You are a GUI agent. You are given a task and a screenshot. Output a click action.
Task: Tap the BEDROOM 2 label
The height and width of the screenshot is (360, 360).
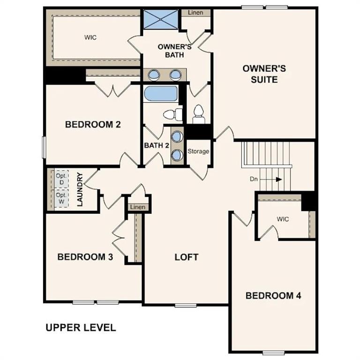[93, 125]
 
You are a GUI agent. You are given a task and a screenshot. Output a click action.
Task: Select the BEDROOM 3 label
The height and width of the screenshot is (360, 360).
[85, 257]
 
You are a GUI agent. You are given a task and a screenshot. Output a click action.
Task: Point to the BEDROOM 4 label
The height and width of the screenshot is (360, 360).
[273, 295]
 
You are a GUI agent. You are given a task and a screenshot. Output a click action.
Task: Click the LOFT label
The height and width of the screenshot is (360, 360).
[187, 257]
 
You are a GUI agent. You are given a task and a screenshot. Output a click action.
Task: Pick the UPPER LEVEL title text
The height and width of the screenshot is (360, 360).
[81, 328]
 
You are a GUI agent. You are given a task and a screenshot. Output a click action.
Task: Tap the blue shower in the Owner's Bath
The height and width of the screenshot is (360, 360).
[158, 19]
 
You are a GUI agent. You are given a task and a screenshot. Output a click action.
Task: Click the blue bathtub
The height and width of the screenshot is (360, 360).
[160, 93]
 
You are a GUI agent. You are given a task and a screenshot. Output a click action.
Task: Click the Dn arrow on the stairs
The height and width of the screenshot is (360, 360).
[277, 179]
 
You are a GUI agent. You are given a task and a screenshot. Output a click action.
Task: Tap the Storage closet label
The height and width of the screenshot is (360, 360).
[198, 151]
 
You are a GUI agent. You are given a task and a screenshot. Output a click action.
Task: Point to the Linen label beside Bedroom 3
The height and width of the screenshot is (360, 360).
[138, 207]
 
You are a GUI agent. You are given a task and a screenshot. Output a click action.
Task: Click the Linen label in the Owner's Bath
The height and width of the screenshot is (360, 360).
[195, 13]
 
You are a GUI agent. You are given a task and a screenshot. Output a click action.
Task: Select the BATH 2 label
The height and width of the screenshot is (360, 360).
[157, 145]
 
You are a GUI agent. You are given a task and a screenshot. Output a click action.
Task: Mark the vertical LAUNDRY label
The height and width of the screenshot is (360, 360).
[80, 189]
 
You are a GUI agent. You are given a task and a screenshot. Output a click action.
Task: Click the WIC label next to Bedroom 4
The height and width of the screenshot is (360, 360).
[283, 218]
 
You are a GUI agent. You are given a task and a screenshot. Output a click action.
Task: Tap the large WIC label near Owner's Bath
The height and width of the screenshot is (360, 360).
[90, 37]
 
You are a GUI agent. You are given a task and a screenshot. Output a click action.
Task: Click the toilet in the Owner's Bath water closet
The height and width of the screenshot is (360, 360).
[198, 112]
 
